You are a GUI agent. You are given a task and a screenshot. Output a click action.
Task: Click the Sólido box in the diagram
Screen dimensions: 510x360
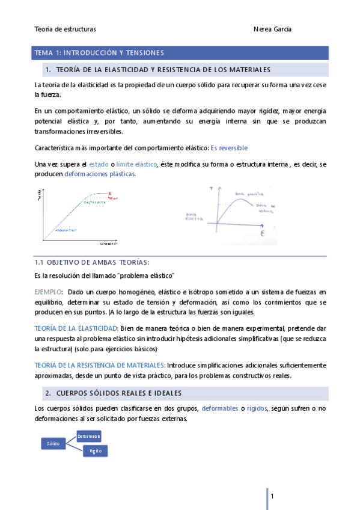point(51,443)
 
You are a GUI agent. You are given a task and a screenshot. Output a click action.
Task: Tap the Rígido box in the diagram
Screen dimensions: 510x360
point(95,450)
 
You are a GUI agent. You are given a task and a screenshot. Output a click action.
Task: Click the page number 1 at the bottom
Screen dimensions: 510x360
point(272,496)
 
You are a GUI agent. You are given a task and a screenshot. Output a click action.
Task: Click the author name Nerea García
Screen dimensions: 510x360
point(273,29)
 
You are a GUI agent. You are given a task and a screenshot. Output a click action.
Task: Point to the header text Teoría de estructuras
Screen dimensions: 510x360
point(66,29)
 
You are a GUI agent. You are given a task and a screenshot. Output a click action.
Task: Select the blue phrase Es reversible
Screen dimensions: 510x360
point(229,147)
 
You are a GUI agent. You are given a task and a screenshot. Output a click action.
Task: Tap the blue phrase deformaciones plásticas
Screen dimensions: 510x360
point(100,174)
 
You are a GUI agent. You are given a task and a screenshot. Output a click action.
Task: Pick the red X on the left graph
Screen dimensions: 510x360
point(110,193)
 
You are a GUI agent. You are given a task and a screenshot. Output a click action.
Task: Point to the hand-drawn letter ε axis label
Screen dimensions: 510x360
point(263,232)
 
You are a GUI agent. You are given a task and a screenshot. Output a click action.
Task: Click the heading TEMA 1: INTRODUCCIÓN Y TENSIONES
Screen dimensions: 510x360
point(99,53)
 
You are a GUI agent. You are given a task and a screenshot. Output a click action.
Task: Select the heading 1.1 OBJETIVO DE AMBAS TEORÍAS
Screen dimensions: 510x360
point(92,262)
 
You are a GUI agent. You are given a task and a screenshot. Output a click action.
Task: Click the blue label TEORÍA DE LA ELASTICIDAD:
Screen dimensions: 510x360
point(76,328)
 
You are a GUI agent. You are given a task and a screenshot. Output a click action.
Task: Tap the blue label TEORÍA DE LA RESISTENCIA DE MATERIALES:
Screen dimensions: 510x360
point(100,364)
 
